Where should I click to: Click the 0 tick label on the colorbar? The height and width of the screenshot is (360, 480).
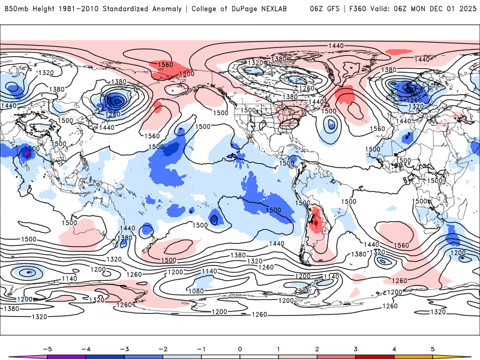pos(240,348)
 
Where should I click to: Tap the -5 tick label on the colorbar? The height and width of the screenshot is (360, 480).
pos(45,348)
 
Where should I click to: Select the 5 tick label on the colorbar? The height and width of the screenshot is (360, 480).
pos(433,348)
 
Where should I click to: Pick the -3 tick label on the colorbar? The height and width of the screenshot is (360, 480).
pos(123,348)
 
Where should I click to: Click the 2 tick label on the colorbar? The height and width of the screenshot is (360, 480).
pos(317,348)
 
